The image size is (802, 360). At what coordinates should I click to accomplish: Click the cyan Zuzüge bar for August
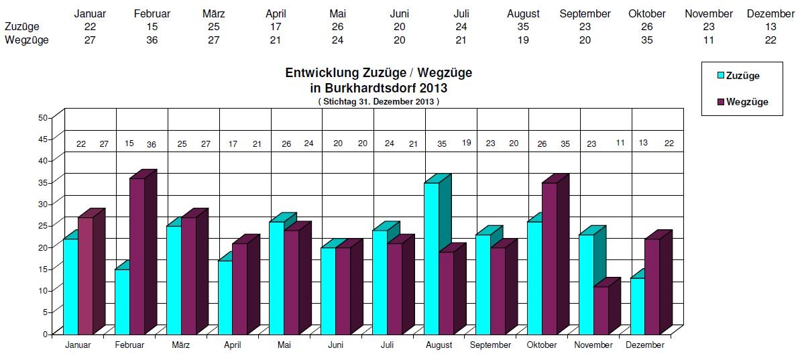(431, 258)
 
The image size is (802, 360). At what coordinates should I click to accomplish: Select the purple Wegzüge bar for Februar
(137, 255)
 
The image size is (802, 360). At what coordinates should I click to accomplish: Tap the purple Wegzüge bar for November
(601, 310)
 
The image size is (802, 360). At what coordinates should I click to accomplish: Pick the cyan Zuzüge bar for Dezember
(637, 305)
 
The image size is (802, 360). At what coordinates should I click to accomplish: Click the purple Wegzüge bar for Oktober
(549, 258)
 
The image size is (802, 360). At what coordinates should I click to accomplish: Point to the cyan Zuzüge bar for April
(225, 296)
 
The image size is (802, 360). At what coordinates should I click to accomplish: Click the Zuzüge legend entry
(738, 76)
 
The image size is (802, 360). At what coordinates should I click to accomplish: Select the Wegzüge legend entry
(742, 102)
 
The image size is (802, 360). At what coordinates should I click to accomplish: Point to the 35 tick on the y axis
(43, 182)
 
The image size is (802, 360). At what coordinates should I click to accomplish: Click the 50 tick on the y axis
(43, 117)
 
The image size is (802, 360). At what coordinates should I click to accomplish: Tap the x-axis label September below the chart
(490, 345)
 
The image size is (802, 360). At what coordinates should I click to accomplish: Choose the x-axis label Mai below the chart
(284, 345)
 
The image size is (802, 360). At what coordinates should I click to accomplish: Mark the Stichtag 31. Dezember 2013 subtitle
(378, 102)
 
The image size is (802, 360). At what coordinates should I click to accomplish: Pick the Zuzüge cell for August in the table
(523, 26)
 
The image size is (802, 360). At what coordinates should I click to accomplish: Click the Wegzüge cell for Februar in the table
(152, 40)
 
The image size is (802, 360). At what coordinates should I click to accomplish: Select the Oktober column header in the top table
(646, 13)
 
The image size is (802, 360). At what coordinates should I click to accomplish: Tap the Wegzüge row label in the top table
(26, 40)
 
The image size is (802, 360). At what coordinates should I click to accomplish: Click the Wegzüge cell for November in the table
(708, 40)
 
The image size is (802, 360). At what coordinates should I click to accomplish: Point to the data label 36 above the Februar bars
(152, 144)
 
